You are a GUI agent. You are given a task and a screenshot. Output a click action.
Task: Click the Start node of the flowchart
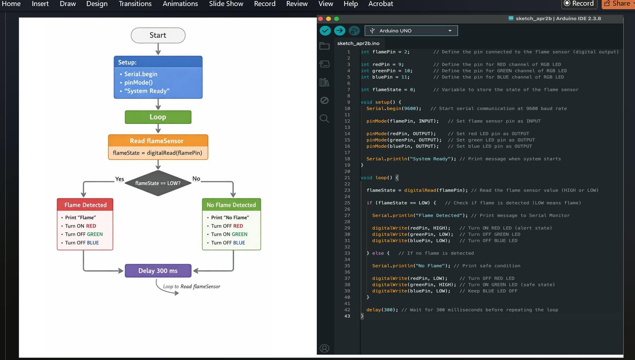[158, 35]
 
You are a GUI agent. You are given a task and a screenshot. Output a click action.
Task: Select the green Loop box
[158, 117]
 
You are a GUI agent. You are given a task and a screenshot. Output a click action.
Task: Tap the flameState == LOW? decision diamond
[158, 183]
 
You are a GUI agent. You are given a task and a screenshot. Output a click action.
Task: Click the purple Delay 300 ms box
[158, 271]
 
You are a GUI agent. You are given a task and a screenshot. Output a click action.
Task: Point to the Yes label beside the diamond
[120, 179]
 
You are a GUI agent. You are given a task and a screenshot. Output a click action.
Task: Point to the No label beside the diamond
[196, 179]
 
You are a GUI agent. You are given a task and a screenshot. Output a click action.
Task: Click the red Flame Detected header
[85, 205]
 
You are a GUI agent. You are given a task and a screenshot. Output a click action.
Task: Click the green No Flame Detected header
[231, 205]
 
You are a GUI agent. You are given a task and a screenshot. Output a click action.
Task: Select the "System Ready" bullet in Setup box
[147, 91]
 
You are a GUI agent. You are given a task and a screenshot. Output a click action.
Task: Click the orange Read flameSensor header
[157, 141]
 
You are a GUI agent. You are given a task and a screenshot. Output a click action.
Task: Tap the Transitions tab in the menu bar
[135, 4]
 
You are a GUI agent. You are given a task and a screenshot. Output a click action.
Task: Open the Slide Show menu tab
[226, 4]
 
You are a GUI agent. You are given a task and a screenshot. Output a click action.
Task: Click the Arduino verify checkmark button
[325, 31]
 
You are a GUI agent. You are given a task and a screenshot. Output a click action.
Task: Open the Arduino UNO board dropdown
[411, 31]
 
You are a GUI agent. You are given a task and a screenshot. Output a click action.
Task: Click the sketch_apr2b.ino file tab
[358, 43]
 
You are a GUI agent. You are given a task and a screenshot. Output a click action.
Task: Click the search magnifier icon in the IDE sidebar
[324, 119]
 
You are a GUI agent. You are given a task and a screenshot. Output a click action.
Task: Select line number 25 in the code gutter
[347, 203]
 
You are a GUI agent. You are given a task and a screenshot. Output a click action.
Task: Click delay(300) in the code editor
[382, 310]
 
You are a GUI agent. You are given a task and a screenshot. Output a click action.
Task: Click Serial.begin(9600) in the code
[394, 109]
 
